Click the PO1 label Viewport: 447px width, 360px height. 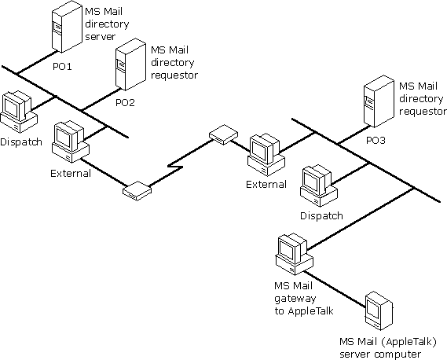pyautogui.click(x=62, y=67)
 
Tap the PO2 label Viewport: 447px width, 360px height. pyautogui.click(x=125, y=103)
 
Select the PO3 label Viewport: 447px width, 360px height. pyautogui.click(x=376, y=141)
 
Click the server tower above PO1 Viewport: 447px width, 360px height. pyautogui.click(x=67, y=27)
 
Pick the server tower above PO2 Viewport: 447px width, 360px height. pyautogui.click(x=131, y=64)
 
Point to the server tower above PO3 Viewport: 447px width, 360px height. pyautogui.click(x=379, y=101)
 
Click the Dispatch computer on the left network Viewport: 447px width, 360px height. pyautogui.click(x=19, y=112)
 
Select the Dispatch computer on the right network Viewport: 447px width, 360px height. pyautogui.click(x=319, y=186)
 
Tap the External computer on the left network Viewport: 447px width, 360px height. pyautogui.click(x=71, y=141)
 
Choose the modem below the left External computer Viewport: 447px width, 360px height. pyautogui.click(x=137, y=190)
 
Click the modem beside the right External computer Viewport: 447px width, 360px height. pyautogui.click(x=223, y=134)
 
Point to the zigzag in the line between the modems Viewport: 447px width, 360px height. pyautogui.click(x=175, y=166)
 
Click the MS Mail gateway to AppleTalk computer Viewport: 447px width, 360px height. pyautogui.click(x=295, y=254)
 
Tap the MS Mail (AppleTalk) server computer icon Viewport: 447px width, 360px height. pyautogui.click(x=379, y=311)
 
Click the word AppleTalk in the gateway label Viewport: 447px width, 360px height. pyautogui.click(x=311, y=310)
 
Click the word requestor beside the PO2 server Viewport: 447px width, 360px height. pyautogui.click(x=174, y=75)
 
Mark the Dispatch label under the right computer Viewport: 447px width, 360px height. pyautogui.click(x=321, y=215)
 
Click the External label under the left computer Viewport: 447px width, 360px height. pyautogui.click(x=71, y=173)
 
